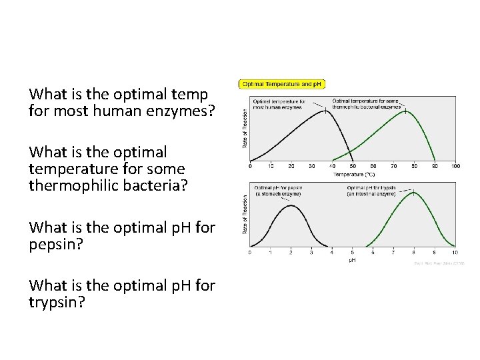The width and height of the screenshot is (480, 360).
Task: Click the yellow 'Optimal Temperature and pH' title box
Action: coord(282,84)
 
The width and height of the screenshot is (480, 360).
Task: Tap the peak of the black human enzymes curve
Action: coord(326,110)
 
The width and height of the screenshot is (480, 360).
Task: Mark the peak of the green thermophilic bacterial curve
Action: coord(406,111)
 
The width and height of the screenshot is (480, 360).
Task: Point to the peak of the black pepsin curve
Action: coord(291,205)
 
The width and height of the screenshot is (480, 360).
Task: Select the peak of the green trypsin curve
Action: coord(414,192)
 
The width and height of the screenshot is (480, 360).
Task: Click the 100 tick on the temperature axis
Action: coord(455,166)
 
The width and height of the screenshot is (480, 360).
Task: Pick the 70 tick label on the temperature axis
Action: coord(393,166)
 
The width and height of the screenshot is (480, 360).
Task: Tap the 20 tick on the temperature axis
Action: coord(291,166)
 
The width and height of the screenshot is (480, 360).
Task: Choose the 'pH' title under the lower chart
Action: coord(352,259)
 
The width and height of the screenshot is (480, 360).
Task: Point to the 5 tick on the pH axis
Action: coord(352,252)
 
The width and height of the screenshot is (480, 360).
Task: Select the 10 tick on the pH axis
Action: coord(455,252)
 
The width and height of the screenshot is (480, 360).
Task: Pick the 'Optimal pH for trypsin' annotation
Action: coord(371,190)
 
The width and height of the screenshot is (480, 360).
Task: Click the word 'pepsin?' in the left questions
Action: coord(56,244)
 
